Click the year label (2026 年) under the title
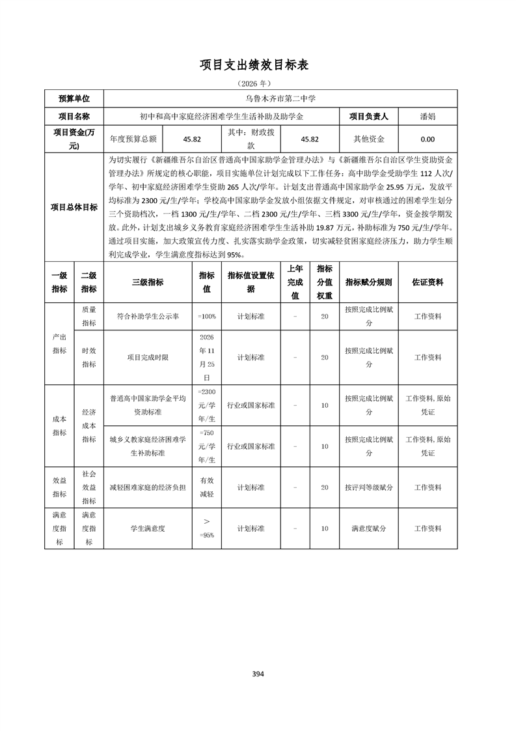point(258,84)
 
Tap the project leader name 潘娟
point(428,117)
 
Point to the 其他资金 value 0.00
point(428,139)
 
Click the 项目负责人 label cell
point(368,117)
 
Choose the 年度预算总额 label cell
point(133,139)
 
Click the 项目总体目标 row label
point(74,207)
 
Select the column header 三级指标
point(148,282)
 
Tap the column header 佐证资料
point(428,282)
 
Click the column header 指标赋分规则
point(368,282)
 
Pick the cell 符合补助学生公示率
point(148,316)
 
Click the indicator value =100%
point(207,316)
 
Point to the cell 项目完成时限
point(148,357)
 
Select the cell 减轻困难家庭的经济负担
point(148,487)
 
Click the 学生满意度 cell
point(148,528)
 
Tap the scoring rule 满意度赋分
point(368,528)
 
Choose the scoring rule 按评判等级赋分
point(368,487)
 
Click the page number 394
point(258,674)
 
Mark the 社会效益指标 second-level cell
point(89,487)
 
